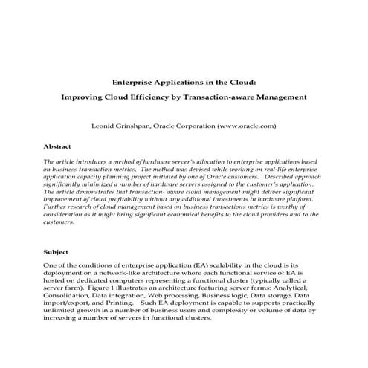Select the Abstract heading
57,147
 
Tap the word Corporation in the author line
192,126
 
